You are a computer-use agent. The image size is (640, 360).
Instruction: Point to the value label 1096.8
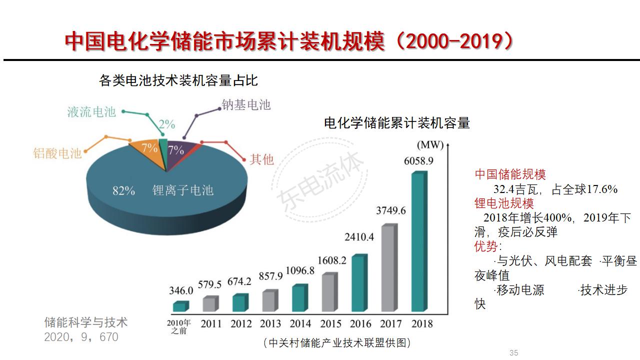[300, 270]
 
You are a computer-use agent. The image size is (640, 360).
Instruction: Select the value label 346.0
[181, 290]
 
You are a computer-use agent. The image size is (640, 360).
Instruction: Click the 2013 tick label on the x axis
[270, 323]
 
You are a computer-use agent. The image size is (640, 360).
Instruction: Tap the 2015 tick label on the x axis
[330, 323]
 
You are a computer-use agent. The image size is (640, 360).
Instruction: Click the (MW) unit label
[430, 145]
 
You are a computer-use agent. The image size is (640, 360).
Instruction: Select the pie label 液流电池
[91, 111]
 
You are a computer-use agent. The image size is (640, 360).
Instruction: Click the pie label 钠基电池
[246, 104]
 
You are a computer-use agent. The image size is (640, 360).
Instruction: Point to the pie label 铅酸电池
[57, 153]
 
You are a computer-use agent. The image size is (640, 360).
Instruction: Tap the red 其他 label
[262, 159]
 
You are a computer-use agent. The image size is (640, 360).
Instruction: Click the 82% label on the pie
[123, 190]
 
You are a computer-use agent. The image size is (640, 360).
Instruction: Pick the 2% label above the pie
[167, 123]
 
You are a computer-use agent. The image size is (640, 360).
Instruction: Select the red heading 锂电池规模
[504, 203]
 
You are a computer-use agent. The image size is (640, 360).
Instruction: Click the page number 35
[513, 353]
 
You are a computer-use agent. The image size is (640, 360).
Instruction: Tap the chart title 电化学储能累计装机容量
[397, 123]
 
